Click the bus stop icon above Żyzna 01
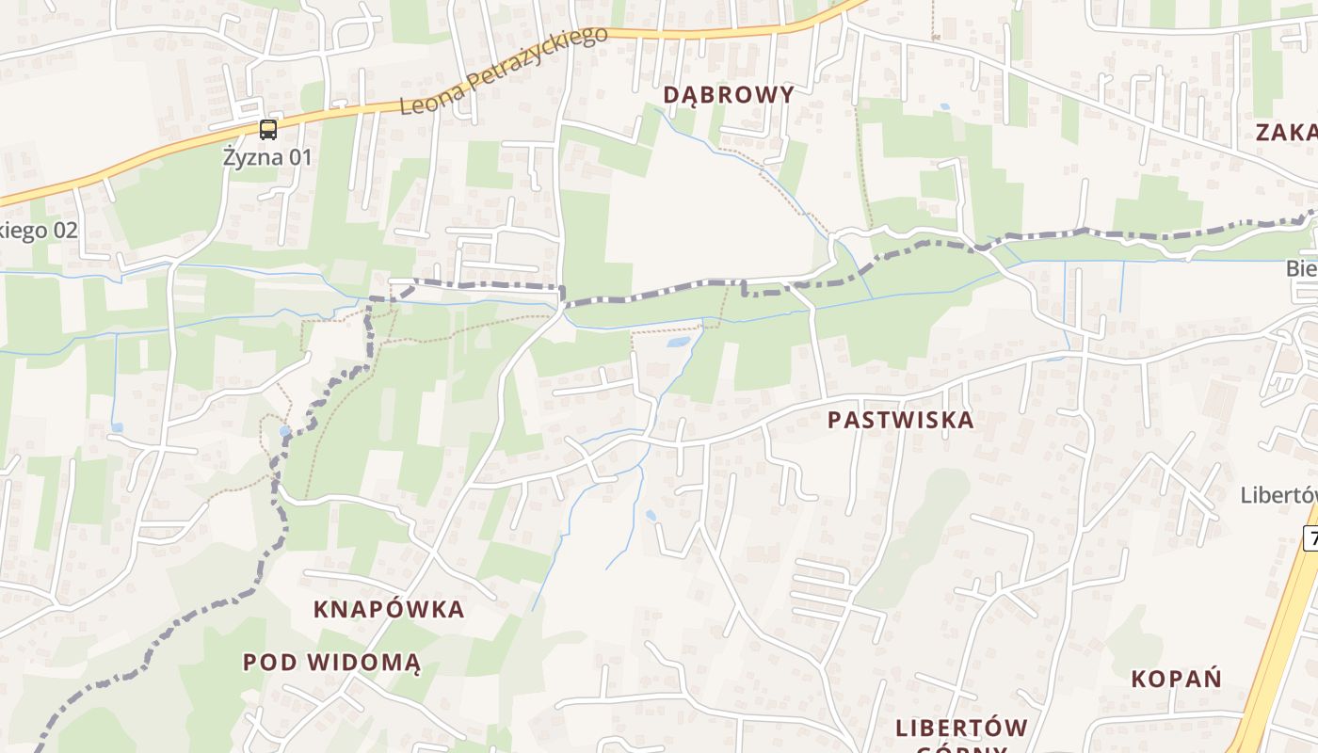pyautogui.click(x=268, y=130)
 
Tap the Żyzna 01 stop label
pyautogui.click(x=267, y=156)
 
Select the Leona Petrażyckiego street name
pyautogui.click(x=504, y=71)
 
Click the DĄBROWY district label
pyautogui.click(x=729, y=94)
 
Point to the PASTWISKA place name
pyautogui.click(x=901, y=420)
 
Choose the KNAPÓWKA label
pyautogui.click(x=389, y=609)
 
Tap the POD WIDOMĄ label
pyautogui.click(x=331, y=662)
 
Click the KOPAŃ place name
pyautogui.click(x=1176, y=679)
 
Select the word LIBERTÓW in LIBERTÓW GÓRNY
pyautogui.click(x=961, y=728)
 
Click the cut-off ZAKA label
pyautogui.click(x=1286, y=132)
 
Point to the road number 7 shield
pyautogui.click(x=1310, y=538)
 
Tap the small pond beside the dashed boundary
pyautogui.click(x=284, y=431)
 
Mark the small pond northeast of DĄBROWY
pyautogui.click(x=944, y=106)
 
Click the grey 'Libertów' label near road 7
pyautogui.click(x=1278, y=495)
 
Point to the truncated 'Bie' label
pyautogui.click(x=1301, y=269)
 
